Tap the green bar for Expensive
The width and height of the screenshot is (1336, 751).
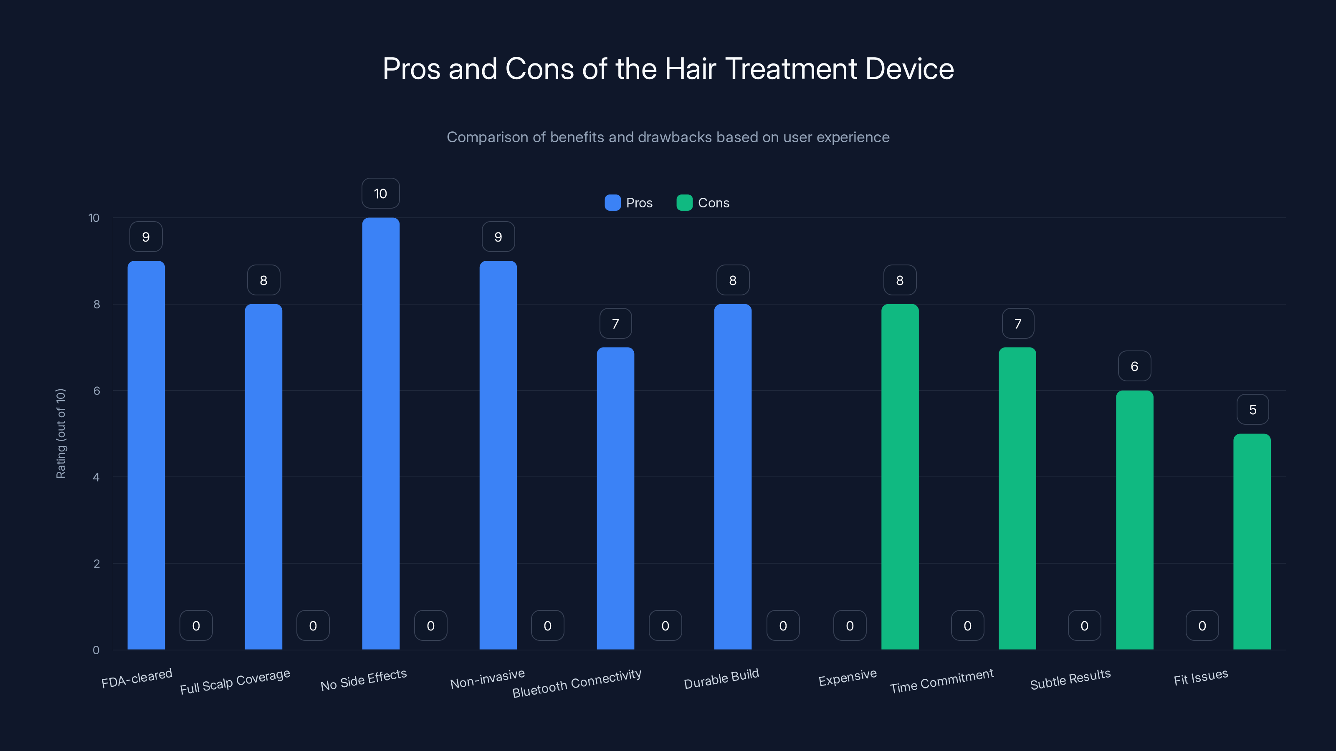pos(899,477)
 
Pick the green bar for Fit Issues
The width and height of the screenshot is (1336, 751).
pos(1252,542)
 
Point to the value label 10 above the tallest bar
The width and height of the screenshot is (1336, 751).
pos(380,193)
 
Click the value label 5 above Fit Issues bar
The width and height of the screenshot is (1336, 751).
pos(1252,409)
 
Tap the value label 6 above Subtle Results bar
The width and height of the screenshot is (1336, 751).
pos(1134,366)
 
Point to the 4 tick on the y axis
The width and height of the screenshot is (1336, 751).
pos(96,477)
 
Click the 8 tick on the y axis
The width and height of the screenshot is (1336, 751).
pos(96,304)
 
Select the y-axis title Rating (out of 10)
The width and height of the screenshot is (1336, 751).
pos(61,433)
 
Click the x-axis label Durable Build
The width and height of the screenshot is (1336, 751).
pos(721,678)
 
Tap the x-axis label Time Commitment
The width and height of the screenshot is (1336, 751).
pos(941,681)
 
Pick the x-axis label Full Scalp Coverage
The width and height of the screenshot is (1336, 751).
pos(235,682)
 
